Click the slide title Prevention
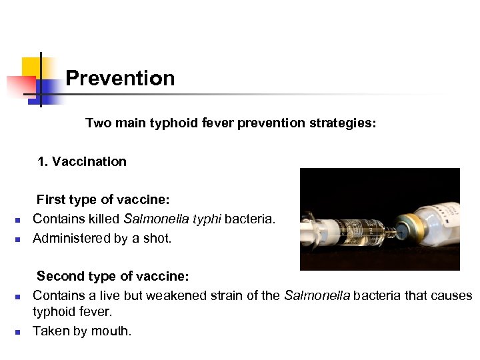point(120,79)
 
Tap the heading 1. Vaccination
point(82,161)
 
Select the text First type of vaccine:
point(103,199)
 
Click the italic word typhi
point(207,219)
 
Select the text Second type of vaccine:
point(113,276)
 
